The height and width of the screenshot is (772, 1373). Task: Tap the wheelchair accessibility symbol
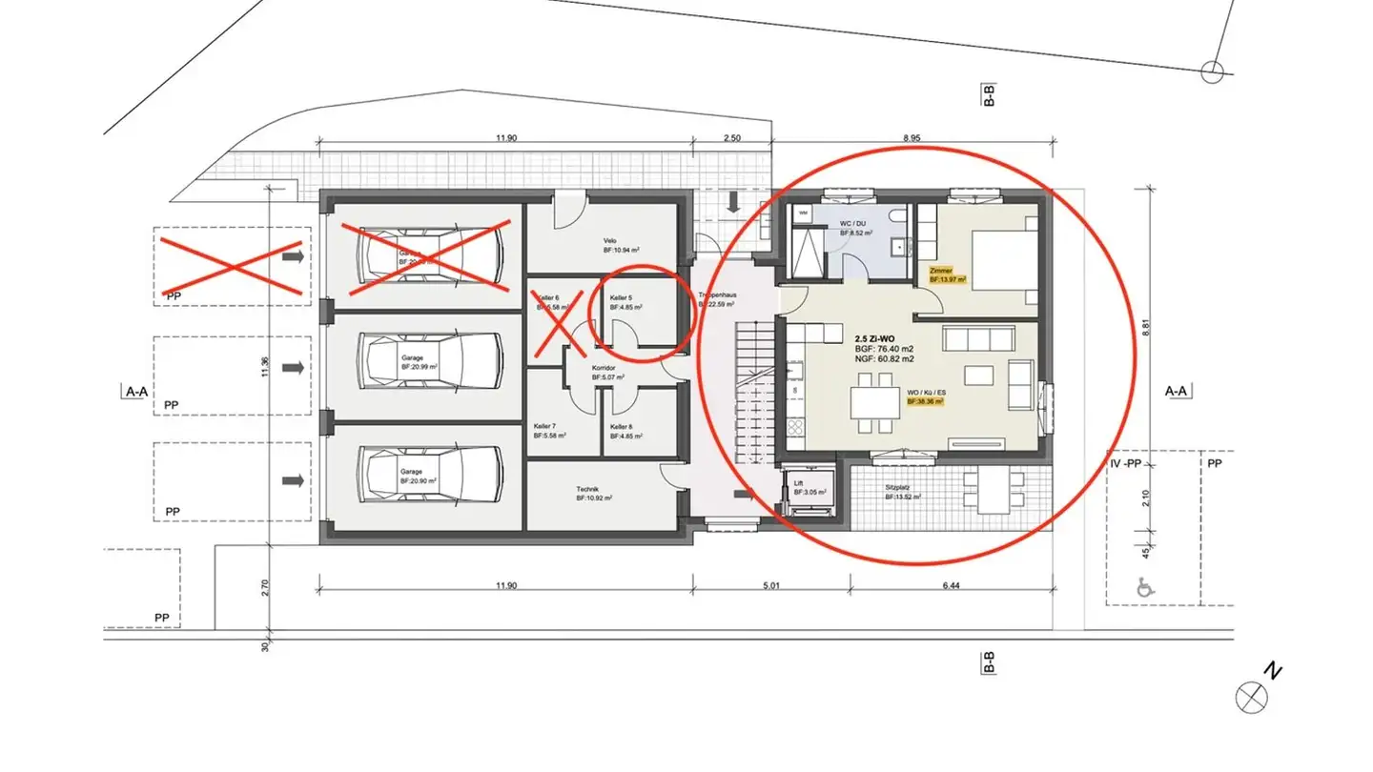(x=1144, y=589)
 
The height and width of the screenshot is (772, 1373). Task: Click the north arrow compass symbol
(x=1251, y=697)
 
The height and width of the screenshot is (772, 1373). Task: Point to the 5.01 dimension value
(x=770, y=585)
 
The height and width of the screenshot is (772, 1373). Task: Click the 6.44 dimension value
(x=950, y=585)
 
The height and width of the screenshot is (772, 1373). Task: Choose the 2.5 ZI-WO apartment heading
(x=874, y=338)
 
